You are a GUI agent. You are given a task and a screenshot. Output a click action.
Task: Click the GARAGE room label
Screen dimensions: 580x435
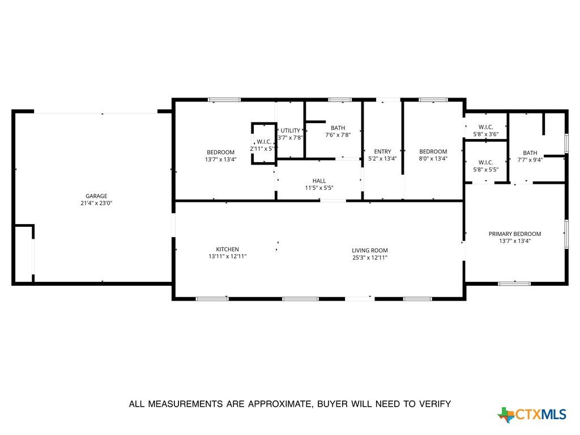pyautogui.click(x=96, y=196)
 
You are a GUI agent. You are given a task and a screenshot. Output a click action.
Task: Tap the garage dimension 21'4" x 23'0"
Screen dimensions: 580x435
pyautogui.click(x=96, y=203)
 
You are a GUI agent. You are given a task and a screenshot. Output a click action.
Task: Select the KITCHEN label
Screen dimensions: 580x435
pyautogui.click(x=228, y=250)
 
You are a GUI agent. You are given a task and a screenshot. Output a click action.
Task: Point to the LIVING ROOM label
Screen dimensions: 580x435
pyautogui.click(x=370, y=251)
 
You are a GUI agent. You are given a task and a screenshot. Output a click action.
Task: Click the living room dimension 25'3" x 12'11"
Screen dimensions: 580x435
pyautogui.click(x=370, y=257)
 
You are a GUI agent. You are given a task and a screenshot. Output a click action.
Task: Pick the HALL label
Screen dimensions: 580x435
pyautogui.click(x=319, y=181)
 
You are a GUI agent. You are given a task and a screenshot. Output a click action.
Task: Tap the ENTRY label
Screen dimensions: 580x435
pyautogui.click(x=382, y=151)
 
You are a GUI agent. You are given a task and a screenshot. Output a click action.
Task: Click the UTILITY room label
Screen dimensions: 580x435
pyautogui.click(x=291, y=130)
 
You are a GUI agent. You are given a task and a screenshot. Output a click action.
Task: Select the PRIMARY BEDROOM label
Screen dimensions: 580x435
pyautogui.click(x=515, y=234)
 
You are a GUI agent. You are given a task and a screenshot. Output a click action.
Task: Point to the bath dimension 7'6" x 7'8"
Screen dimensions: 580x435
pyautogui.click(x=338, y=135)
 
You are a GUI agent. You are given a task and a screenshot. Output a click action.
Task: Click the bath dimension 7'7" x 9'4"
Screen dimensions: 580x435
pyautogui.click(x=530, y=160)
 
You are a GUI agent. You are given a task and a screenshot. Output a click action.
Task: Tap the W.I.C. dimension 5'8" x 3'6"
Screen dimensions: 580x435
pyautogui.click(x=485, y=134)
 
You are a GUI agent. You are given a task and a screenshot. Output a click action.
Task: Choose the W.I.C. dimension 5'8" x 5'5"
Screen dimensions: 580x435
pyautogui.click(x=485, y=170)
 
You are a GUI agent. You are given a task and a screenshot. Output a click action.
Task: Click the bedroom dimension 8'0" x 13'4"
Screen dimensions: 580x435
pyautogui.click(x=433, y=159)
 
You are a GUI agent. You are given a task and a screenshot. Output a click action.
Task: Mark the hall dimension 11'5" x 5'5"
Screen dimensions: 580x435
pyautogui.click(x=319, y=188)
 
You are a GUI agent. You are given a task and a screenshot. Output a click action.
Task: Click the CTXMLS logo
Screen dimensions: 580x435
pyautogui.click(x=532, y=414)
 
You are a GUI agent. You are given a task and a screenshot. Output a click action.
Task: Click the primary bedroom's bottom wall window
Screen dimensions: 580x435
pyautogui.click(x=514, y=284)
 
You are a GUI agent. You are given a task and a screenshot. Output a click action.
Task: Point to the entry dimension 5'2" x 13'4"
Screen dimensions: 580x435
pyautogui.click(x=382, y=159)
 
